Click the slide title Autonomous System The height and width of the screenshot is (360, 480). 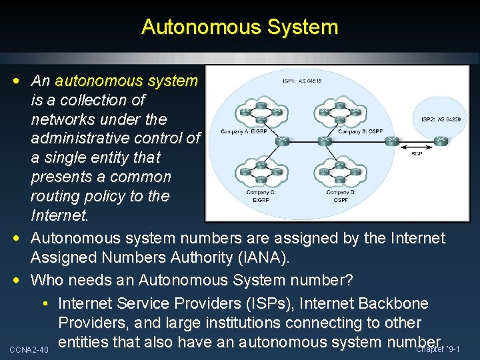click(x=240, y=27)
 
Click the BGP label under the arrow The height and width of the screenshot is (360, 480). click(x=417, y=154)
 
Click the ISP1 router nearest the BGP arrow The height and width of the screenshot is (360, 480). click(x=389, y=141)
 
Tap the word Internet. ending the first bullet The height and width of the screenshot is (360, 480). click(x=59, y=215)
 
